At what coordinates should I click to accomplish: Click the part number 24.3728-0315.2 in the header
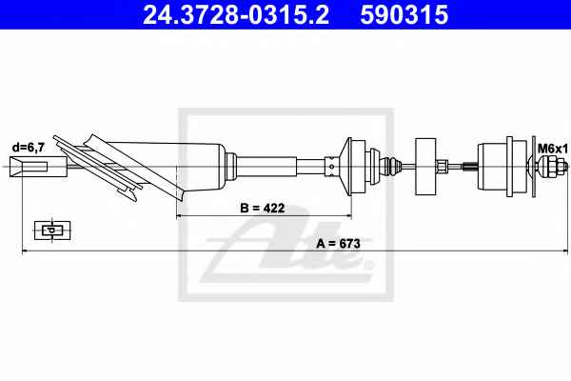click(236, 15)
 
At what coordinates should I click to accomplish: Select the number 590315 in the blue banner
click(404, 15)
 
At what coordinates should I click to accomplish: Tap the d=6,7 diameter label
click(29, 148)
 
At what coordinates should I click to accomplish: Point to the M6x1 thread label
click(553, 149)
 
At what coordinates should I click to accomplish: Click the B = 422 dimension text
click(263, 208)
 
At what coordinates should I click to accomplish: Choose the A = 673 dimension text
click(338, 243)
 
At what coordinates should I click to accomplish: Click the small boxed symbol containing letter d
click(52, 231)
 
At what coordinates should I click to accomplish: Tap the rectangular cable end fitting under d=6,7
click(38, 167)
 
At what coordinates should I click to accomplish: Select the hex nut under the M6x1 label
click(548, 167)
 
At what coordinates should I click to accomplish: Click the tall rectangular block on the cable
click(425, 167)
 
